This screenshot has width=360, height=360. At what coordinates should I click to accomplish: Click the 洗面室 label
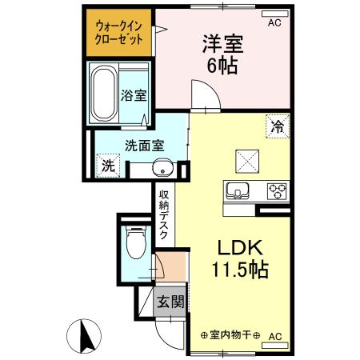tap(144, 146)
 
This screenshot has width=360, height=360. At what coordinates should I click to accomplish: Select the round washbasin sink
tap(162, 170)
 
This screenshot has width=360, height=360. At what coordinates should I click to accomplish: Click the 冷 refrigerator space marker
tap(276, 126)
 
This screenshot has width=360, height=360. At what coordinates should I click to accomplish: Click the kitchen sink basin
tap(238, 191)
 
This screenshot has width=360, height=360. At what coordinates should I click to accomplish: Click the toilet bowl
tap(136, 241)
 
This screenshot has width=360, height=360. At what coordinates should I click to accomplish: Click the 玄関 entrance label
tap(170, 302)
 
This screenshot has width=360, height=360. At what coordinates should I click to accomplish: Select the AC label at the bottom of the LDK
tap(276, 336)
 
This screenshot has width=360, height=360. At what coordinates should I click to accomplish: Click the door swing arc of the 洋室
tap(206, 99)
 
